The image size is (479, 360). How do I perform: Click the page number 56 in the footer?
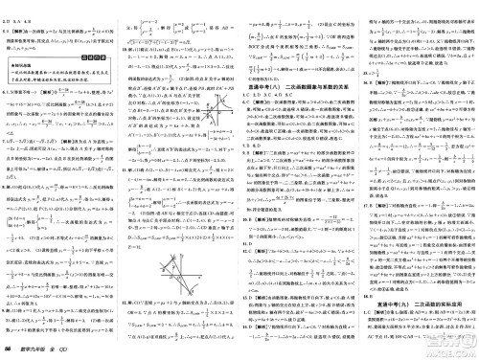11,348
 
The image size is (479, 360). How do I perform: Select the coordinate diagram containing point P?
216,113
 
